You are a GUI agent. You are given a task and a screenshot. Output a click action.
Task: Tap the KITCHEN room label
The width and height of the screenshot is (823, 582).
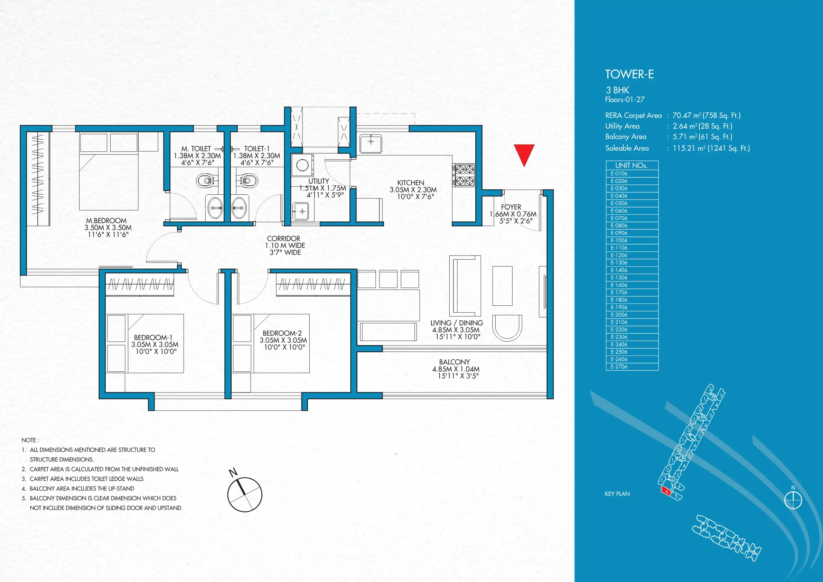coord(410,183)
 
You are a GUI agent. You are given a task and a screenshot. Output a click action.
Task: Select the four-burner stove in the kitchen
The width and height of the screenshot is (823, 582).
coord(464,175)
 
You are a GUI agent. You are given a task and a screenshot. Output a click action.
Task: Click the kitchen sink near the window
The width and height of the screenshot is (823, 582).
coord(371,144)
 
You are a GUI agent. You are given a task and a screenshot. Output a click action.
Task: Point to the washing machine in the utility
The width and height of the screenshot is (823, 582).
coord(302,165)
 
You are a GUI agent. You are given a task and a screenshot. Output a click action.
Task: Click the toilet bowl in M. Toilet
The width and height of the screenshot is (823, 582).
coord(206,181)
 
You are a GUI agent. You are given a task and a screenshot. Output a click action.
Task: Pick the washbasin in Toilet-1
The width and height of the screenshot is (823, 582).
coord(239,207)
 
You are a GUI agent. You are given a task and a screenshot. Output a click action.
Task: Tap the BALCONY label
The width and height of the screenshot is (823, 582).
coord(454,362)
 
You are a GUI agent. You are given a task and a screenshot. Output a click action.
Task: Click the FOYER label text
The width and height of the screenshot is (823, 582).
coord(511,207)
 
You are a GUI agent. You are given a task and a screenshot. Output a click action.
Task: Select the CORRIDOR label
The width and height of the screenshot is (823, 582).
coord(283,239)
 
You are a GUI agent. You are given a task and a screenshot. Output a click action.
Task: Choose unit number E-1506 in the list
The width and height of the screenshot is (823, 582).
coord(619,278)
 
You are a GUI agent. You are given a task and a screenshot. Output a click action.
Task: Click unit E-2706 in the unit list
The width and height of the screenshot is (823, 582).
coord(619,367)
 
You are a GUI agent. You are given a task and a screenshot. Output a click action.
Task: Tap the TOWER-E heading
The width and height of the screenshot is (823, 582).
coord(629,74)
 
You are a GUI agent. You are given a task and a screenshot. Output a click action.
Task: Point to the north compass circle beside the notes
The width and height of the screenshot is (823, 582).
coord(245,495)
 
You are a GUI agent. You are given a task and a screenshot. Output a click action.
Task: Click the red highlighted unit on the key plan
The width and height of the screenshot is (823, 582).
coord(666,491)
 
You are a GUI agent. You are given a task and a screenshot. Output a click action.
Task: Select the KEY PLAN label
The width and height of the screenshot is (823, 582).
coord(617,494)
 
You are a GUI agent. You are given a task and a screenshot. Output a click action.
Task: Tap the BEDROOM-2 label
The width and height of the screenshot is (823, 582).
coord(282,333)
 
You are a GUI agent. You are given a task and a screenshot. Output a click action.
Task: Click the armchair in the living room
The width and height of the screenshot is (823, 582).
coord(507,328)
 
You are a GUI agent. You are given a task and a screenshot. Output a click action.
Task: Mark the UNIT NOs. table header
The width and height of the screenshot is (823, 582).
coord(632,165)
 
